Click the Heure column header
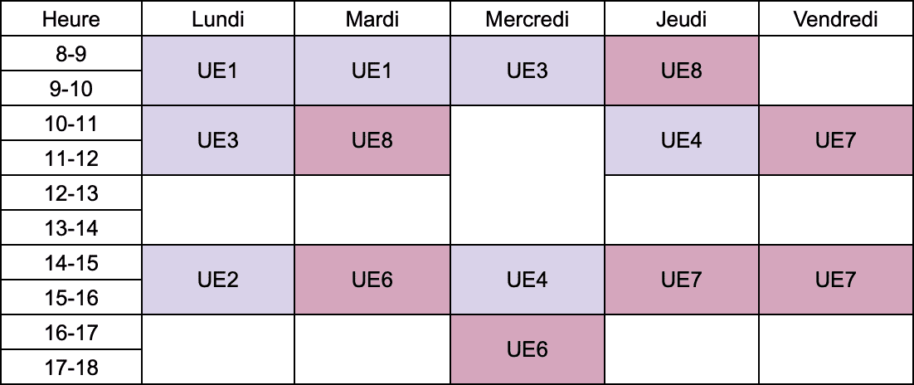coord(71,19)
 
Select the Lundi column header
coord(218,19)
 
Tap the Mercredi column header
coord(527,19)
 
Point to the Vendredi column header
coord(835,19)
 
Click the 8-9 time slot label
coord(71,54)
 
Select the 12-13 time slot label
coord(71,192)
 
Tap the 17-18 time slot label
coord(71,368)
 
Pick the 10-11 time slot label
coord(71,123)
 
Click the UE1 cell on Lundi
coord(218,71)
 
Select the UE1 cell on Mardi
coord(372,71)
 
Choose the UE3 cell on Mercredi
coord(527,71)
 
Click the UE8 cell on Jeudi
coord(682,71)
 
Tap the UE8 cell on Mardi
coord(372,140)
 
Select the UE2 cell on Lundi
coord(218,280)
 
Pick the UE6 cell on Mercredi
coord(527,349)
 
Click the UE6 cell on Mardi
coord(372,280)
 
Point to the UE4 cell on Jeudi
coord(682,140)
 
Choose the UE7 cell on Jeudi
coord(682,280)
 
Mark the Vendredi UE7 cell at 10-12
coord(836,140)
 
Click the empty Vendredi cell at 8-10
coord(836,71)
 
